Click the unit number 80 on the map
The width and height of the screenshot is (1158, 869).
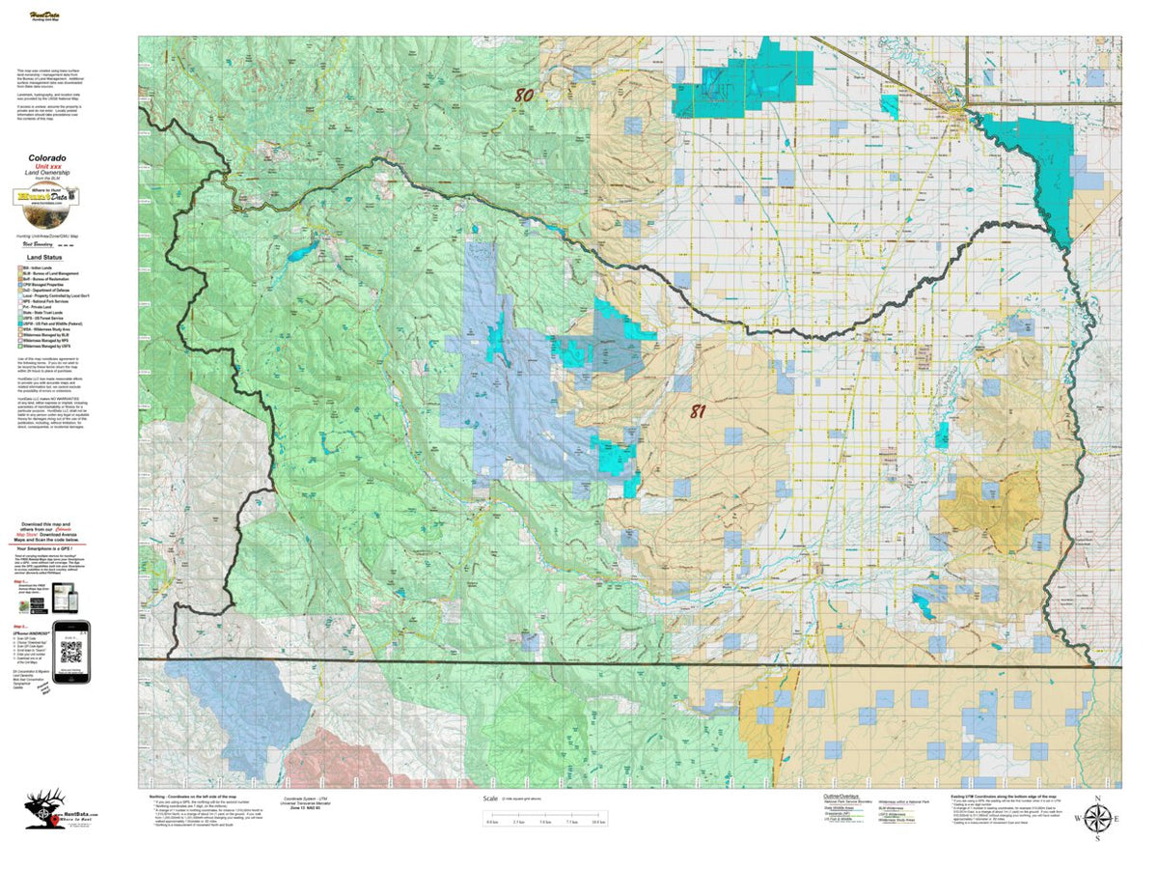pyautogui.click(x=524, y=96)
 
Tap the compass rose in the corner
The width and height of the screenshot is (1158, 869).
pyautogui.click(x=1096, y=820)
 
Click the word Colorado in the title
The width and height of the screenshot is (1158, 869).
pyautogui.click(x=47, y=157)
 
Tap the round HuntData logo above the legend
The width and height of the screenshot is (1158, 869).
pyautogui.click(x=46, y=197)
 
